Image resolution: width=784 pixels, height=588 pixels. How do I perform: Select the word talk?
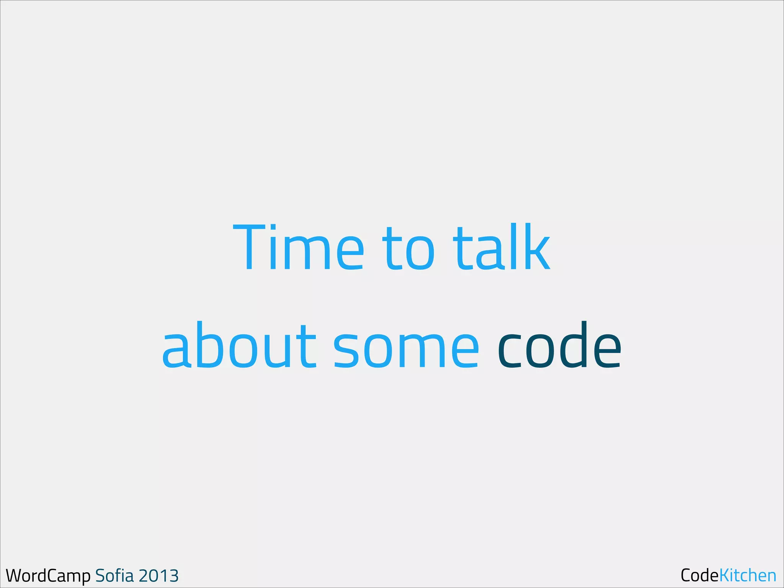tap(501, 247)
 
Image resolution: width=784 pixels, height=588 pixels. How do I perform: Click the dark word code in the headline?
tap(559, 346)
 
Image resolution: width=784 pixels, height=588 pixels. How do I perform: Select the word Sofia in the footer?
tap(114, 575)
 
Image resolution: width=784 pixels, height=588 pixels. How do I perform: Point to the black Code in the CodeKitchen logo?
tap(699, 575)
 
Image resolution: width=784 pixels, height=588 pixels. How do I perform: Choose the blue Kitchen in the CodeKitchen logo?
tap(748, 575)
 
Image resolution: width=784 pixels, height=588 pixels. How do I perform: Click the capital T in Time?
tap(249, 247)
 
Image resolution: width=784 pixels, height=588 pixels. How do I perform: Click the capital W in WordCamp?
tap(15, 575)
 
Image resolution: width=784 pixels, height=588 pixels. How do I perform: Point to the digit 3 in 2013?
tap(173, 576)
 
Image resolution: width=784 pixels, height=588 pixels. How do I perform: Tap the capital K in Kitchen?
tap(725, 575)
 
